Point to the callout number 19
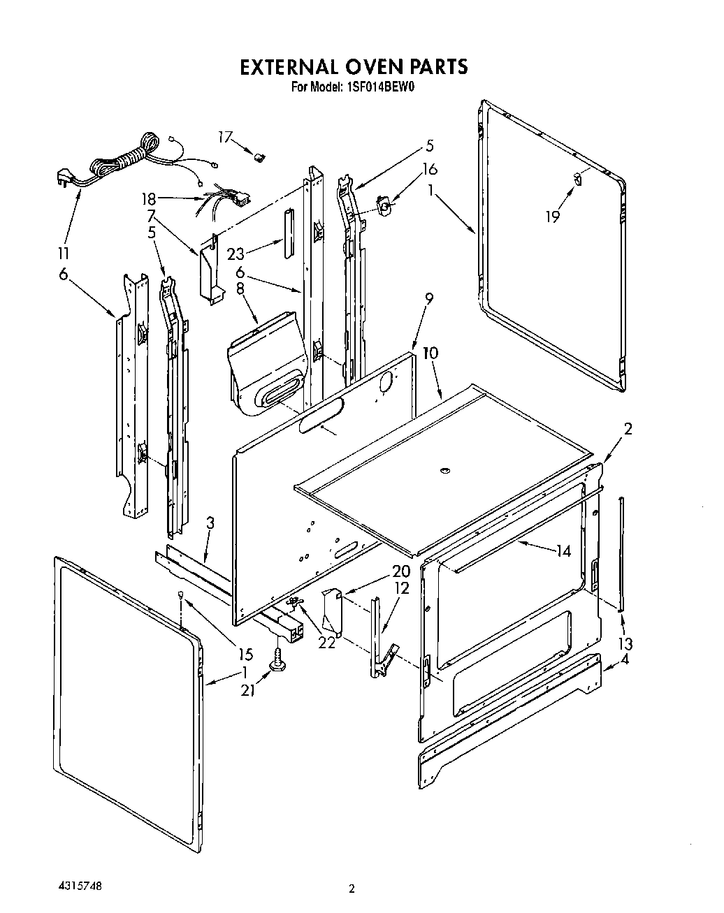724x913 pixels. click(553, 217)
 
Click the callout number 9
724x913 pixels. click(428, 298)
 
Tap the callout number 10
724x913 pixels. click(430, 353)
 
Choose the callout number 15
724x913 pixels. click(245, 655)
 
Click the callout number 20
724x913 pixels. click(381, 571)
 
